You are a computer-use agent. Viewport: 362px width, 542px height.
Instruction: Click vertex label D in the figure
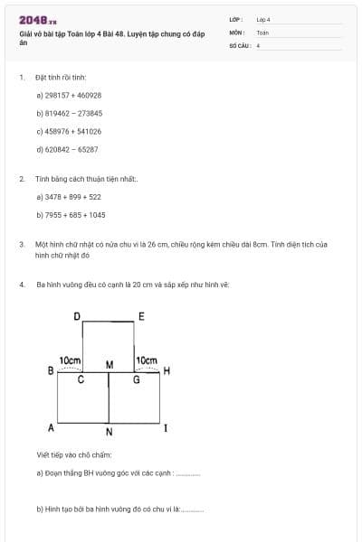tap(77, 315)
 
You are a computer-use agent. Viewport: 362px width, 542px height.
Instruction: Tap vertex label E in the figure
tap(140, 315)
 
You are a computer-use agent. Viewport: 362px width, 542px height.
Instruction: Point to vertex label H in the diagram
tap(167, 371)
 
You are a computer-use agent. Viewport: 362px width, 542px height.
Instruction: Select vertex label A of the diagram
tap(51, 426)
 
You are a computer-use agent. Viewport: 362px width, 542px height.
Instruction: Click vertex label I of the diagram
tap(165, 427)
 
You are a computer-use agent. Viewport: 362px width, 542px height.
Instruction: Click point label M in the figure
tap(110, 365)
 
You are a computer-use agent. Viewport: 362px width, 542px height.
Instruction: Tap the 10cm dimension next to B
tap(71, 360)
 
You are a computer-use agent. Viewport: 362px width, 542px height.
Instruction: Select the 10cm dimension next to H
tap(146, 360)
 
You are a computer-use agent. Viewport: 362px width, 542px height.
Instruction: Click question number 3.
tap(21, 244)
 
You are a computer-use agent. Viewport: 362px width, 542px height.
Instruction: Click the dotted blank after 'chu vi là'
tap(193, 509)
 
